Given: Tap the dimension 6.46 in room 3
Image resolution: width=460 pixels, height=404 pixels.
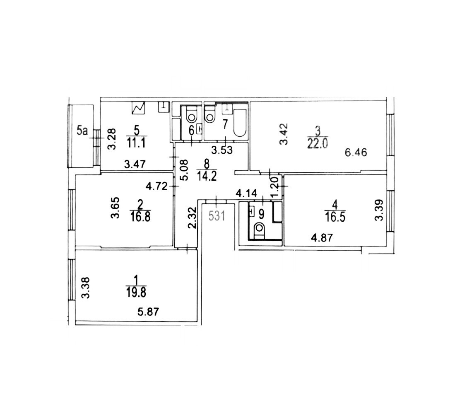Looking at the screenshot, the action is tap(356, 152).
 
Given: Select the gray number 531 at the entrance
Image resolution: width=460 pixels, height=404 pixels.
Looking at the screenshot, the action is tap(217, 216).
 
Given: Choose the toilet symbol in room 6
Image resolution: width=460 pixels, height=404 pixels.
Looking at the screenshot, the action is tap(192, 115).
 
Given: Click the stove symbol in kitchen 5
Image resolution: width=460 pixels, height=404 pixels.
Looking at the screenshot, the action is tap(138, 108).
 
